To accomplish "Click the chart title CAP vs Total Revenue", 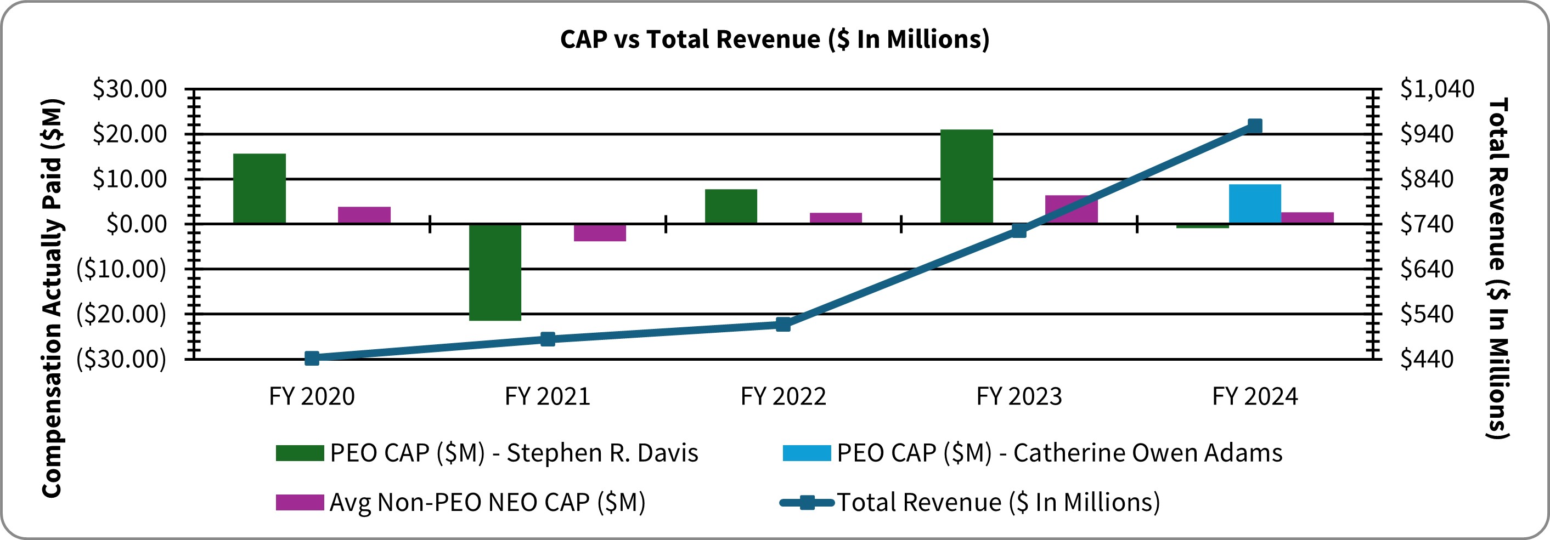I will point(774,39).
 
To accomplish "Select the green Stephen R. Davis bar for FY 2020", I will point(260,188).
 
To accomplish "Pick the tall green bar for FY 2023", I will point(966,176).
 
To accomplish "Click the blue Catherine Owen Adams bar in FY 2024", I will point(1255,204).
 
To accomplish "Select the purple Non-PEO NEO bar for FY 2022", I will point(835,218).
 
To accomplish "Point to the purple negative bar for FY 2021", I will point(599,232).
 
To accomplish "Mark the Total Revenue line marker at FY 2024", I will point(1255,126).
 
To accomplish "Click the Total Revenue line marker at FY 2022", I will point(783,325).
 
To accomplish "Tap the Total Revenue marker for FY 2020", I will point(312,359).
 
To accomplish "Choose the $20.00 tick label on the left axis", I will point(129,134).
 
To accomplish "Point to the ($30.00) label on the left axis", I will point(121,359).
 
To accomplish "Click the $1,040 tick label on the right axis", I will point(1437,89).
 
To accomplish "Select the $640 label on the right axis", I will point(1426,269).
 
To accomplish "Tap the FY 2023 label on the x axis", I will point(1019,397).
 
